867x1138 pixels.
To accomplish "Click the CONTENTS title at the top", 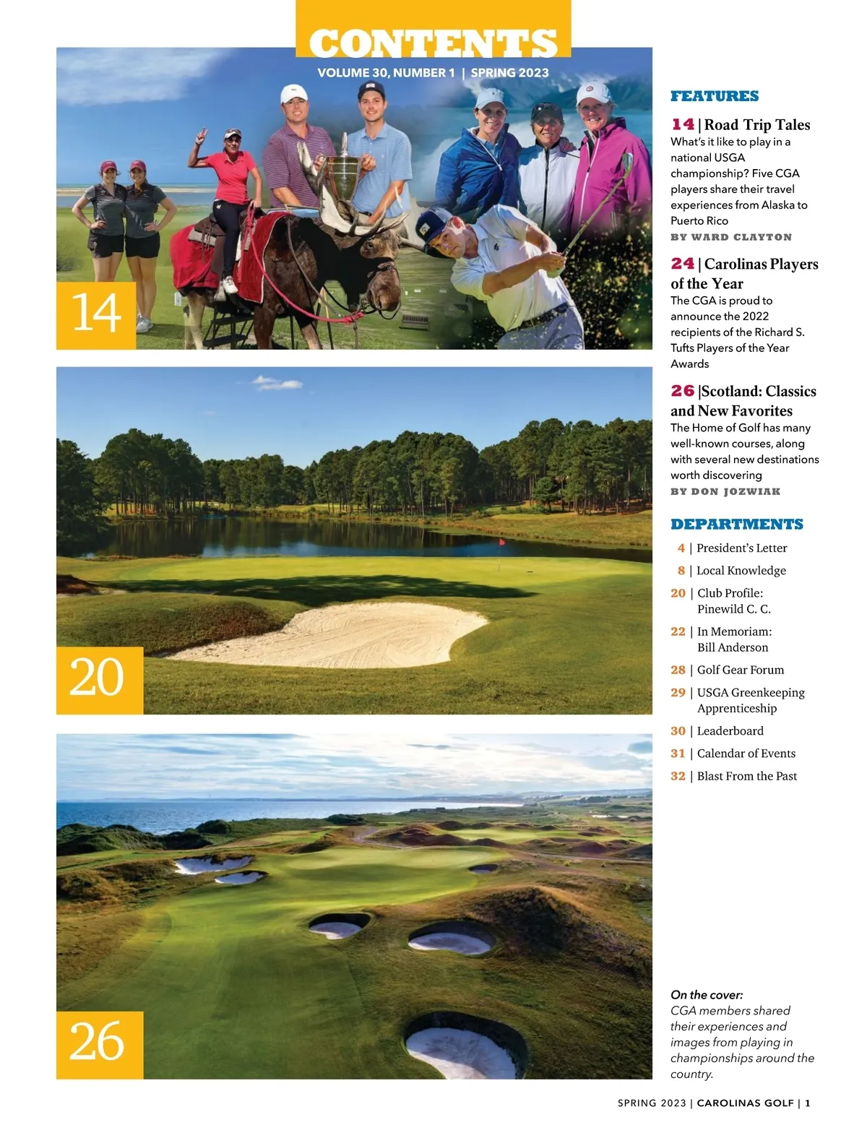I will (x=433, y=43).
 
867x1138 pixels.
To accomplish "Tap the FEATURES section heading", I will (x=714, y=96).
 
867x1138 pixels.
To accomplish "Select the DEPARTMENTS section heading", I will (x=736, y=525).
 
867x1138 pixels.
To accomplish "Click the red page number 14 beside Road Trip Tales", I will (x=682, y=124).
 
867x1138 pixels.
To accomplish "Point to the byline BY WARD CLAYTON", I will (x=730, y=237).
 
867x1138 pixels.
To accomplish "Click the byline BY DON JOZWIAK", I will (x=725, y=491).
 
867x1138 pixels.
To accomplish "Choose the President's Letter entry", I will (x=741, y=548).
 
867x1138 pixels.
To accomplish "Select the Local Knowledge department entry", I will (x=741, y=571).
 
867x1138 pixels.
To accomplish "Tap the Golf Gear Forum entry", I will (x=740, y=670).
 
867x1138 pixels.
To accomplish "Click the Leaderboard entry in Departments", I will (x=730, y=731).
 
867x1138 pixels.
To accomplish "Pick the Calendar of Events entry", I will (x=746, y=754).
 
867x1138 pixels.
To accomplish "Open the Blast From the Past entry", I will (x=746, y=776).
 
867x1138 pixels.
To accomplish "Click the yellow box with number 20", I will (x=99, y=680).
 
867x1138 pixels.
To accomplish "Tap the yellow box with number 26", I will (x=99, y=1044).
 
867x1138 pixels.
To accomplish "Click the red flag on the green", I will (x=501, y=541).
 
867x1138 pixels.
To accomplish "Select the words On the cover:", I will (x=706, y=995).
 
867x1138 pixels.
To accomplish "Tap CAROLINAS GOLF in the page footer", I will (x=745, y=1103).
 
